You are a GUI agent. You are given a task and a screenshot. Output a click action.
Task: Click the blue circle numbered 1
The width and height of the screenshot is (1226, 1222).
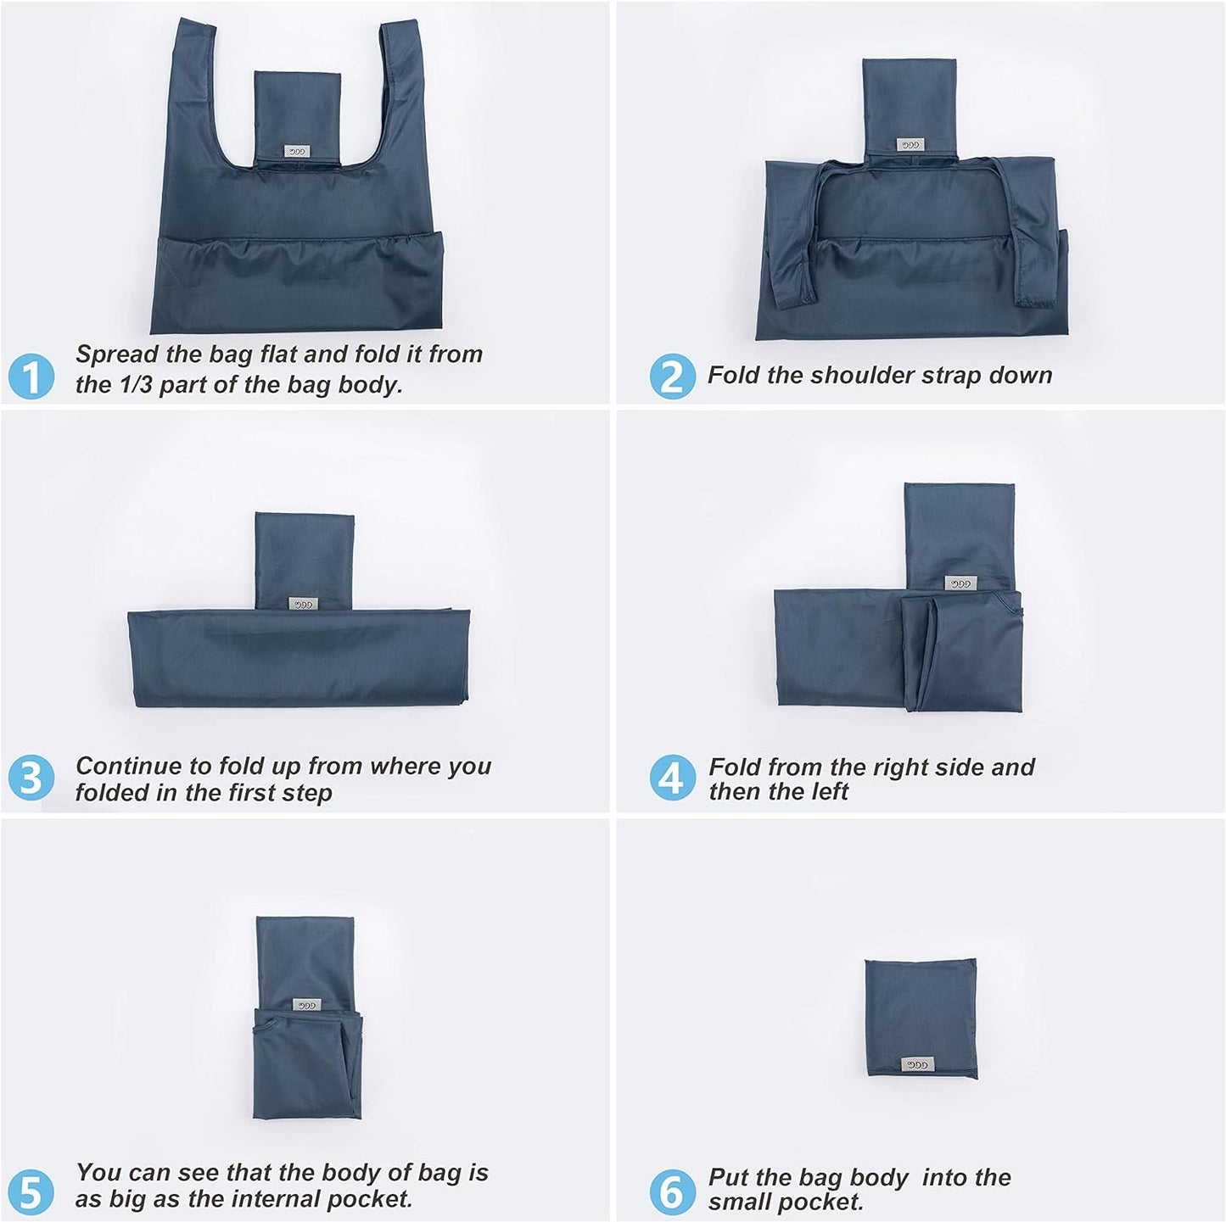pyautogui.click(x=31, y=377)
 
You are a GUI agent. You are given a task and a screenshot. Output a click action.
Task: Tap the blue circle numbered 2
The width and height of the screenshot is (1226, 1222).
pyautogui.click(x=672, y=376)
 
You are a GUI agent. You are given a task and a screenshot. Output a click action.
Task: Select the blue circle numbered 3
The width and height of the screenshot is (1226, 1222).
pyautogui.click(x=31, y=778)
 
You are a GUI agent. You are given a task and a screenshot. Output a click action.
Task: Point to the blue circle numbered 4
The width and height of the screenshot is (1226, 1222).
pyautogui.click(x=672, y=778)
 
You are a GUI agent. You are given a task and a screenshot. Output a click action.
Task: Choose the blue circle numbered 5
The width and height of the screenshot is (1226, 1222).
pyautogui.click(x=31, y=1191)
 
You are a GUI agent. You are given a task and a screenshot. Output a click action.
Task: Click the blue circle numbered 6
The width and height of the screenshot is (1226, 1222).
pyautogui.click(x=672, y=1191)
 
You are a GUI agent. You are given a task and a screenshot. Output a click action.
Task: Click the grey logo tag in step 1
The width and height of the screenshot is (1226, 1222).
pyautogui.click(x=298, y=152)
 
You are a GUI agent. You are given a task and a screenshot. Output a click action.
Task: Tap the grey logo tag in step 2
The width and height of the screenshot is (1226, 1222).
pyautogui.click(x=910, y=144)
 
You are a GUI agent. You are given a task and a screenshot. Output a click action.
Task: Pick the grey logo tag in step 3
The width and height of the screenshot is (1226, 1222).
pyautogui.click(x=303, y=604)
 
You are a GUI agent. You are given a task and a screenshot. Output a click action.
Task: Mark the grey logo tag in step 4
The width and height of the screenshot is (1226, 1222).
pyautogui.click(x=960, y=583)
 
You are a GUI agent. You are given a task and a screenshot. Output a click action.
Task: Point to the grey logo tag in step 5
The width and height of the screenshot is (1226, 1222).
pyautogui.click(x=306, y=1004)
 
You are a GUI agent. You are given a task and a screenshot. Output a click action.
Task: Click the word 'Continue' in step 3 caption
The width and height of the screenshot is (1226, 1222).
pyautogui.click(x=124, y=766)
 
